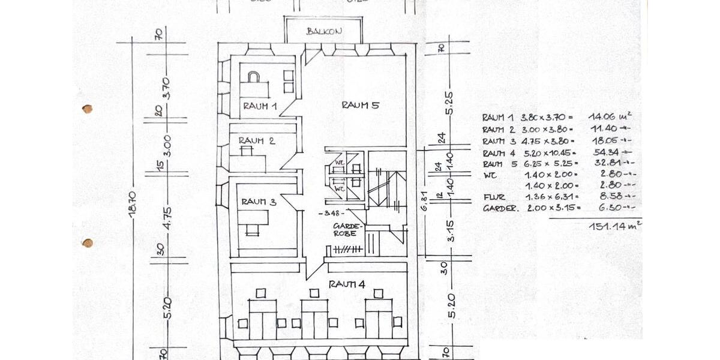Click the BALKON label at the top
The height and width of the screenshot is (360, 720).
click(324, 31)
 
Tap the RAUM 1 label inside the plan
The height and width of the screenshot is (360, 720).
click(259, 106)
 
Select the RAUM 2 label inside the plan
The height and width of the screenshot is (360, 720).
click(256, 141)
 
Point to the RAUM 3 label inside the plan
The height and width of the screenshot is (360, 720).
click(259, 202)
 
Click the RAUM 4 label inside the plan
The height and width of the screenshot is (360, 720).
click(346, 283)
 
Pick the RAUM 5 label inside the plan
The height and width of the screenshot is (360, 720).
click(360, 105)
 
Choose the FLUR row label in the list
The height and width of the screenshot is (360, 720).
click(494, 197)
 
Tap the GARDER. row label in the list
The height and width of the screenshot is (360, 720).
click(500, 208)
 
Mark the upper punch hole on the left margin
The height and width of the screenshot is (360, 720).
click(88, 109)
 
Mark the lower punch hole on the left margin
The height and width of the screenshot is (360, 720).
click(88, 243)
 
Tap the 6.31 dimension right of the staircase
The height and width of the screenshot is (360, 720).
click(424, 203)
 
